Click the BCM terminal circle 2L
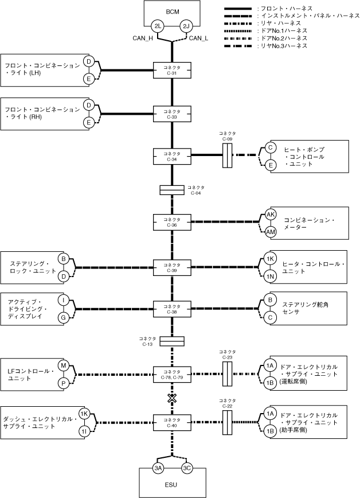click(x=158, y=26)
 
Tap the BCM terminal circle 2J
click(x=186, y=26)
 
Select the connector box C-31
click(x=172, y=70)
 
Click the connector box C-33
click(x=172, y=114)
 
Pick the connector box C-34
click(x=172, y=156)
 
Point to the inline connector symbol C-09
click(x=227, y=155)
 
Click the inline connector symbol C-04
click(x=172, y=190)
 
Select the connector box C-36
click(x=172, y=222)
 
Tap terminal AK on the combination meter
click(x=271, y=215)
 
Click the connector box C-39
click(x=172, y=267)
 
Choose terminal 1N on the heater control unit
click(x=270, y=277)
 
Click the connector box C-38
click(x=172, y=309)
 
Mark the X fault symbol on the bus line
click(x=172, y=398)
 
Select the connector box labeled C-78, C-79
click(x=172, y=375)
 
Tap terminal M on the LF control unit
click(x=64, y=365)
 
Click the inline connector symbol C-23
click(x=227, y=374)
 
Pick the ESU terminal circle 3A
click(x=158, y=468)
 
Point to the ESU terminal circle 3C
click(x=187, y=468)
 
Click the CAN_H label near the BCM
click(x=143, y=38)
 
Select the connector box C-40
click(x=172, y=423)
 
